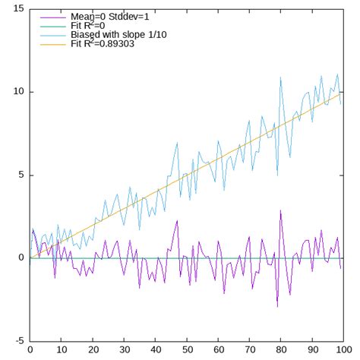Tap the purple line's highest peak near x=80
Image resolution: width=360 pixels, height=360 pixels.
[x=279, y=211]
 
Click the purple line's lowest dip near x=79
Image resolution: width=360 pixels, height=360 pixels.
[x=276, y=306]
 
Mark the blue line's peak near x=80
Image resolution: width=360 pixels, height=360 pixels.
[x=280, y=77]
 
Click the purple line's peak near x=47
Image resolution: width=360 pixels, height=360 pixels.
[x=177, y=221]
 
